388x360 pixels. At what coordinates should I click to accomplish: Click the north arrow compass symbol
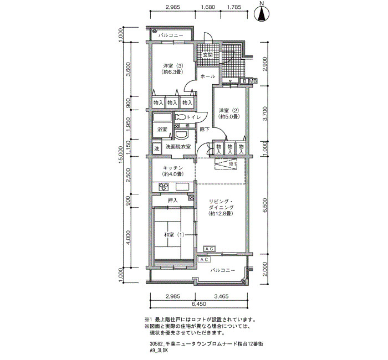coord(262,13)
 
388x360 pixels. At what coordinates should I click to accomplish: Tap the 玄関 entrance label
coord(208,55)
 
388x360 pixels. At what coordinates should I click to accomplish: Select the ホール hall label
coord(208,76)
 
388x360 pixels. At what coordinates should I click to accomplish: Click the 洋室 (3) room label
coord(173,69)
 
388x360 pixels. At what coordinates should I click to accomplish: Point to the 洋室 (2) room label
coord(228,113)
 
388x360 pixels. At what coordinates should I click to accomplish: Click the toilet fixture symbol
coord(181,117)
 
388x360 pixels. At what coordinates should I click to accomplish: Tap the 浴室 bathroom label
coord(162,129)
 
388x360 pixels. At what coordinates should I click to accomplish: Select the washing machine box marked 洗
coord(157,148)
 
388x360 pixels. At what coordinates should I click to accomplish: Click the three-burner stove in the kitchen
coord(164,186)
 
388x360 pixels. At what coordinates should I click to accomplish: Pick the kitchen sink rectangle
coord(182,187)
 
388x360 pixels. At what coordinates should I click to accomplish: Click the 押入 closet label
coord(173,200)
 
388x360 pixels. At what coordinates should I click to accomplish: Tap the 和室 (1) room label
coord(174,235)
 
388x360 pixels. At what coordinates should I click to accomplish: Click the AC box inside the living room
coord(210,249)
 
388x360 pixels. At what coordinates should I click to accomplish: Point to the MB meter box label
coord(252,81)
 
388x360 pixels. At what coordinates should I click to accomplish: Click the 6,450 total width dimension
coord(198,304)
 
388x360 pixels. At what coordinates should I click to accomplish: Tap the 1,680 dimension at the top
coord(208,7)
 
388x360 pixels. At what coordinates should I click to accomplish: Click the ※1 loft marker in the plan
coord(233,164)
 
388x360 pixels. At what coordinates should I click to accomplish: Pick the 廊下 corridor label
coord(205,129)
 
